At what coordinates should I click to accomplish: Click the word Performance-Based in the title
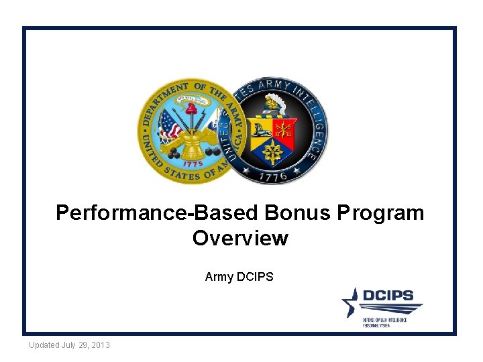pyautogui.click(x=157, y=213)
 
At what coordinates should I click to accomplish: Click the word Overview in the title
pyautogui.click(x=240, y=238)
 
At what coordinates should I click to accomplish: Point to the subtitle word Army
pyautogui.click(x=219, y=276)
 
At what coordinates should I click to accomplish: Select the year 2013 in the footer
pyautogui.click(x=99, y=345)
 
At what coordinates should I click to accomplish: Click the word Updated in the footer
pyautogui.click(x=44, y=345)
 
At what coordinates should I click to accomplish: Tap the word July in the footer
pyautogui.click(x=69, y=345)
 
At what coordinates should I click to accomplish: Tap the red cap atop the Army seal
pyautogui.click(x=191, y=107)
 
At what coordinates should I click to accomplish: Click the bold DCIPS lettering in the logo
pyautogui.click(x=388, y=296)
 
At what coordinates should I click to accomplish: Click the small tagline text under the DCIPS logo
pyautogui.click(x=385, y=323)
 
